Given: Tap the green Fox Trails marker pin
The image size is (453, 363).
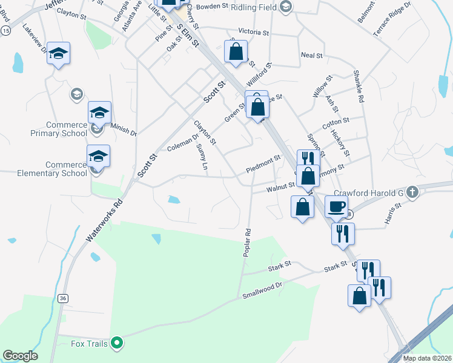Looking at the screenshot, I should tap(118, 344).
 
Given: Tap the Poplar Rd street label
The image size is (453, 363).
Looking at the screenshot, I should tap(247, 243).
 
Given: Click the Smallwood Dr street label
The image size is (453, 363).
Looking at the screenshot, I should tap(262, 290).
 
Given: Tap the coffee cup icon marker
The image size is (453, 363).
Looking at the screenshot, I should tap(337, 206).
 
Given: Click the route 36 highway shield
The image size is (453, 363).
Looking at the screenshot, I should tap(62, 298).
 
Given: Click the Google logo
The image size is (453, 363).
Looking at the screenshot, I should tap(20, 356).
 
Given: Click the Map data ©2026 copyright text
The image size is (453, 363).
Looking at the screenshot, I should tap(426, 358).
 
